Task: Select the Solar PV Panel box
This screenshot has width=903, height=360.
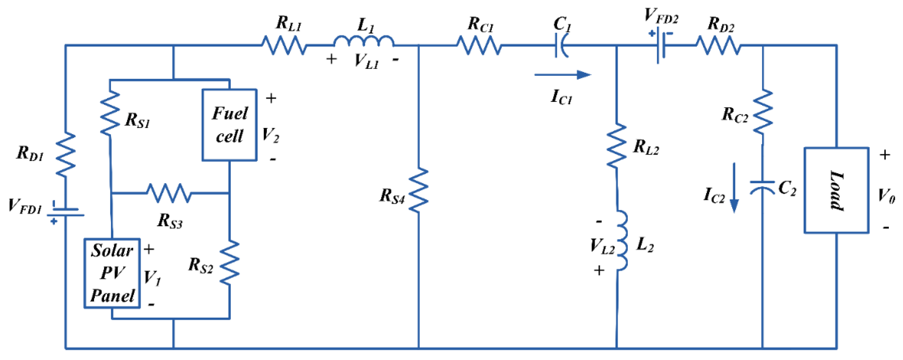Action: (x=112, y=273)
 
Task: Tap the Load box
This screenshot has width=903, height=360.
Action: (x=836, y=190)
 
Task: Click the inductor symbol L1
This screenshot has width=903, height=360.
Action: (x=363, y=41)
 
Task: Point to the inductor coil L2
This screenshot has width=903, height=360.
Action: (x=622, y=241)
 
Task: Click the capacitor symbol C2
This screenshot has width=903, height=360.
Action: (x=762, y=187)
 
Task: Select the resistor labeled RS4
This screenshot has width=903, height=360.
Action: (x=419, y=190)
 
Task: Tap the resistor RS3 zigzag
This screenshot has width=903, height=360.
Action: (x=169, y=193)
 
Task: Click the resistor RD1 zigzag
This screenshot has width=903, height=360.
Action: (x=66, y=154)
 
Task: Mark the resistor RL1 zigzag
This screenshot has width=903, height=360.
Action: (x=284, y=45)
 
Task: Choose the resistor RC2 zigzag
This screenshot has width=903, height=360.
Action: (x=763, y=112)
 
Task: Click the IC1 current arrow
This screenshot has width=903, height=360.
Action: (x=562, y=74)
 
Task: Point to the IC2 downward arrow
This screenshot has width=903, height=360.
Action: (x=734, y=187)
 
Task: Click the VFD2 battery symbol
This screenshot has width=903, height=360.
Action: (x=661, y=45)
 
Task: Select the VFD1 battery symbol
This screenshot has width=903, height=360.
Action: (x=66, y=212)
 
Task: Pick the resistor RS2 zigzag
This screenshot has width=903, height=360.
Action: (x=230, y=262)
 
